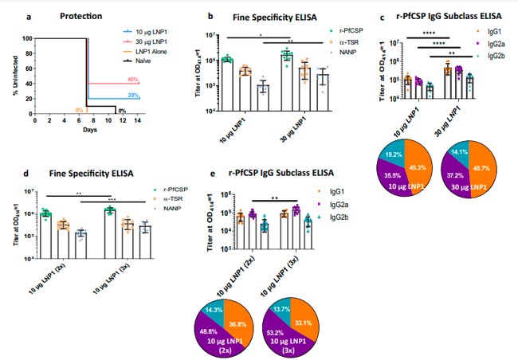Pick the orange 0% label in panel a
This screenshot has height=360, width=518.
pyautogui.click(x=79, y=110)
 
